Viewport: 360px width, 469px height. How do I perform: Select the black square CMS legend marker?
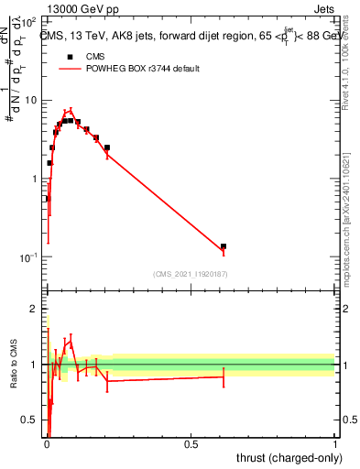tap(70, 57)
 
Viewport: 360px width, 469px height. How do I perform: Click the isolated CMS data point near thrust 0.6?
tap(224, 246)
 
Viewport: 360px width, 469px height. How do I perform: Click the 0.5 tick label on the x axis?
tap(191, 443)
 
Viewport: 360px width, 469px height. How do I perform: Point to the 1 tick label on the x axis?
tap(335, 443)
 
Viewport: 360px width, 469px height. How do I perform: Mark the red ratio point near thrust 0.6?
tap(224, 376)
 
